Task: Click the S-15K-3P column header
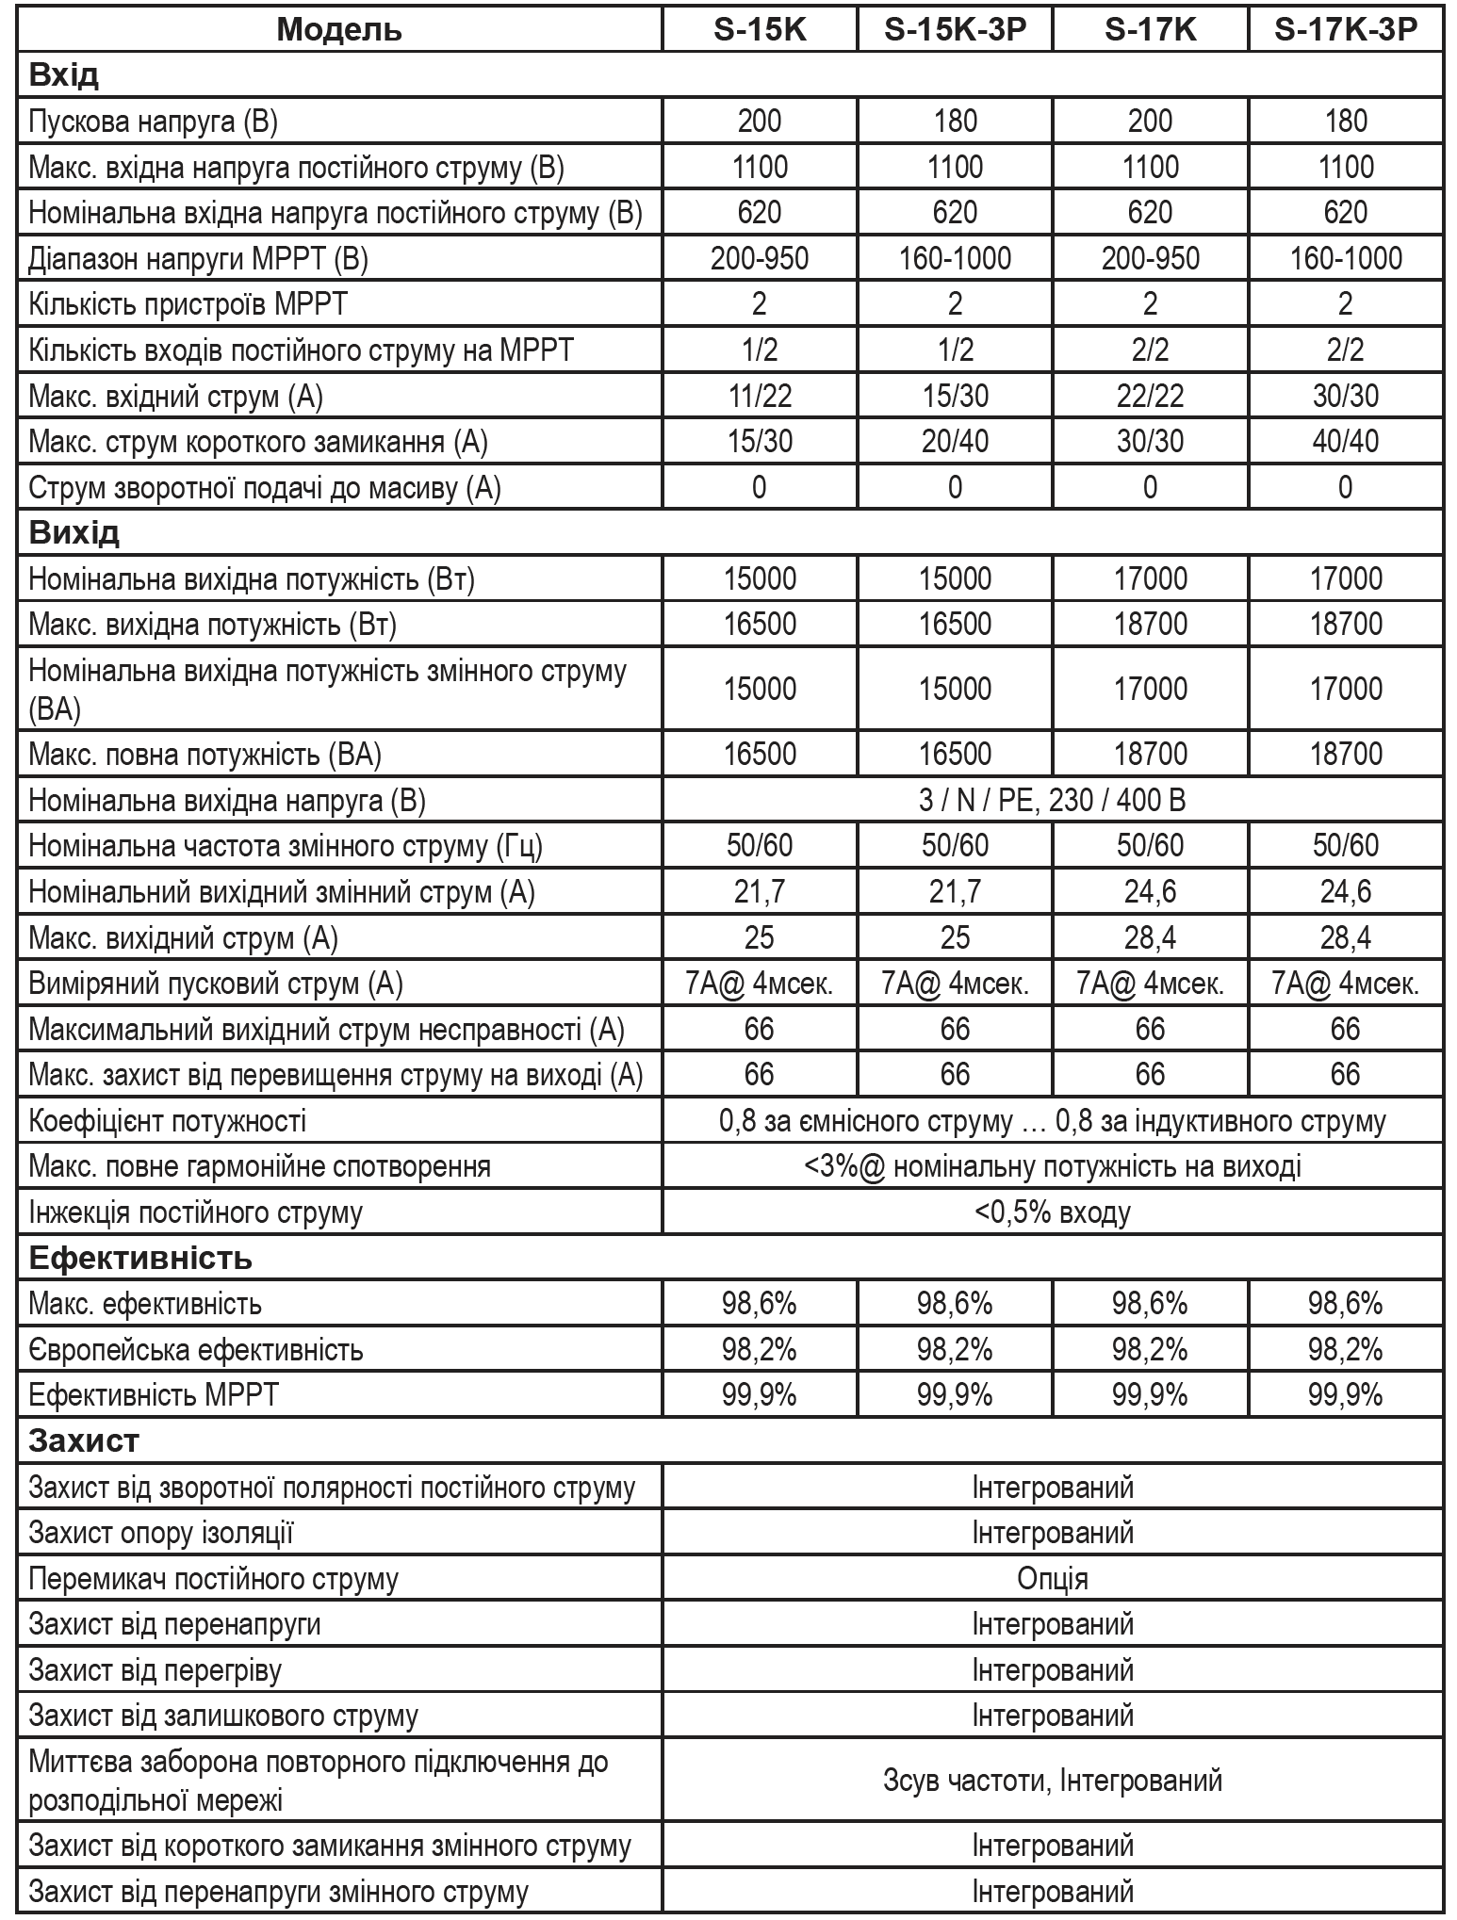955,29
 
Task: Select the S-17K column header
1150,29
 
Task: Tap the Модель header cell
339,29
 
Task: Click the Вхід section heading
64,74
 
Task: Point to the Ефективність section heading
140,1258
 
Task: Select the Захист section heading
84,1440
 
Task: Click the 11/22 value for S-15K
760,396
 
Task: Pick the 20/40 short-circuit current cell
955,441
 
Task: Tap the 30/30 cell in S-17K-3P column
1345,396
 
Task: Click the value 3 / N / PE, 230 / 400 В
1052,801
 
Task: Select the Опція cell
1052,1578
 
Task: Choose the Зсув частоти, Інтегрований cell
1052,1780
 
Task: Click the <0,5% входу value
1052,1212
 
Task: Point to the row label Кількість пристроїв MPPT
188,304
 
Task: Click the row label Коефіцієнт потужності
168,1121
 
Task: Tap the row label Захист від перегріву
156,1670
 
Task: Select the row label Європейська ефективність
196,1349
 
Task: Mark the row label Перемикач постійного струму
214,1578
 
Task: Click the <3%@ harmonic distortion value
1052,1166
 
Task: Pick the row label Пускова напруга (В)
154,121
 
